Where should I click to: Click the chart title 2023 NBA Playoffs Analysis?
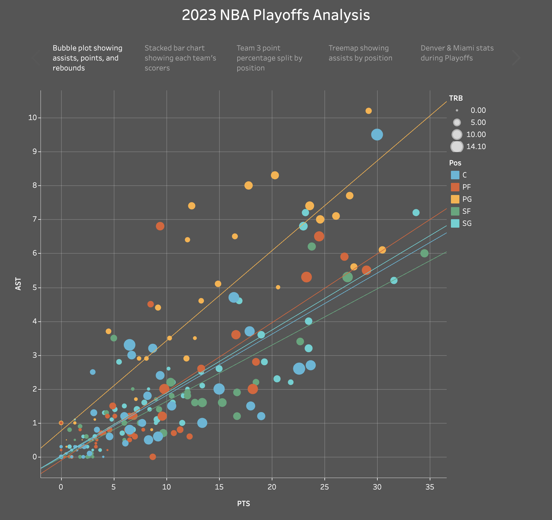click(276, 15)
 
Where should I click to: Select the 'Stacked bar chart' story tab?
click(180, 58)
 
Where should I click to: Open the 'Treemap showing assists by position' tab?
click(360, 53)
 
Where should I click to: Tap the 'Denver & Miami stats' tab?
click(457, 53)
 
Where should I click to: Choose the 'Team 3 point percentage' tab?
click(269, 58)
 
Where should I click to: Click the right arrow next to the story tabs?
click(516, 58)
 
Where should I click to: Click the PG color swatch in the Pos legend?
click(455, 199)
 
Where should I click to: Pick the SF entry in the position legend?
click(455, 211)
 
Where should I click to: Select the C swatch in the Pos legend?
click(455, 175)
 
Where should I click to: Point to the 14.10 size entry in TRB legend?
click(457, 147)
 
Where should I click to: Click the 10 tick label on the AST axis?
click(32, 118)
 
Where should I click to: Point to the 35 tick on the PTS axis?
click(430, 487)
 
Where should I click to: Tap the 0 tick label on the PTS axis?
click(61, 487)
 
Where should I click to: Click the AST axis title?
click(18, 284)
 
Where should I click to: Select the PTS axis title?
click(243, 504)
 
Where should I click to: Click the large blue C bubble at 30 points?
click(377, 135)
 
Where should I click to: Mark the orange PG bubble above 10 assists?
click(368, 111)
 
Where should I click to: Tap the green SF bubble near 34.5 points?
click(424, 253)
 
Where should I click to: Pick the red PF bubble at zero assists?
click(153, 457)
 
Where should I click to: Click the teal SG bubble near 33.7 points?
click(416, 213)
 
